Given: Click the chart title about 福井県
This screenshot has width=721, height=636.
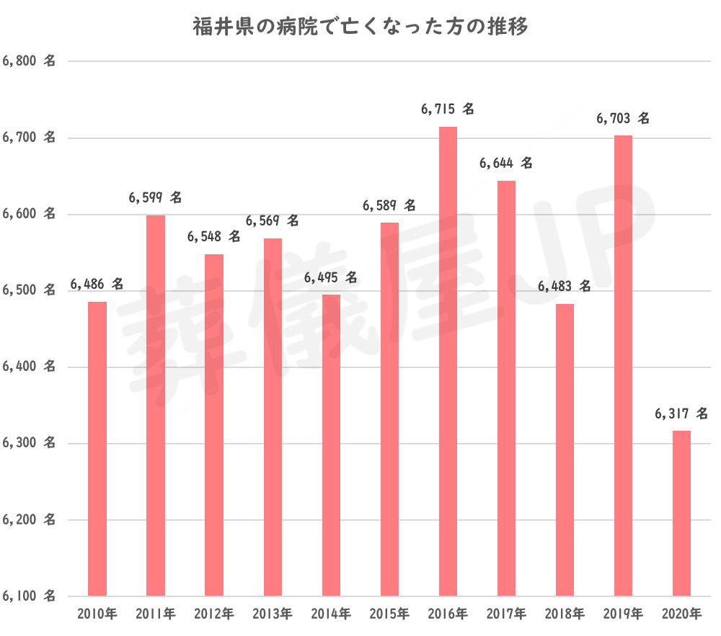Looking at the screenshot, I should [360, 27].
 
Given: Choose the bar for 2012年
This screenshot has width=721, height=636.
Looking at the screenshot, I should [214, 425].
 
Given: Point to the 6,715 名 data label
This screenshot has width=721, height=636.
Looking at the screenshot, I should [448, 109].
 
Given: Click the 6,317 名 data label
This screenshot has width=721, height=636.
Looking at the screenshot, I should [681, 413].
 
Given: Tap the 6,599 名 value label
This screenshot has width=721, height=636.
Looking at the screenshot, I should [156, 197].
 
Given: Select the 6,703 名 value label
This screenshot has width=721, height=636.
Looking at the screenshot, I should [623, 118].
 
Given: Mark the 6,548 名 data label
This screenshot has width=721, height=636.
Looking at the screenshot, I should [214, 236].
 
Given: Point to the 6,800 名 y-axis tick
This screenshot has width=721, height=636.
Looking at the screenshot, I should [29, 61].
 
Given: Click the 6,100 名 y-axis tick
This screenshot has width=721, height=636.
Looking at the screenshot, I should [29, 596].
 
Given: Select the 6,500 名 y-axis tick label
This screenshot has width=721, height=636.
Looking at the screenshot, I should [29, 290].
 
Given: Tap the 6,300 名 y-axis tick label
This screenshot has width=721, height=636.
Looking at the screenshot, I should [29, 444].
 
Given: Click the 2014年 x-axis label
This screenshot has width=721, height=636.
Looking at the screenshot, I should [331, 614].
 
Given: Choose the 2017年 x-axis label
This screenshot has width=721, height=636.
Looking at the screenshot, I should [506, 614].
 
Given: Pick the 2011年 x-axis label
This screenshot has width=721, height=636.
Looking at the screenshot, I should [156, 614].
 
